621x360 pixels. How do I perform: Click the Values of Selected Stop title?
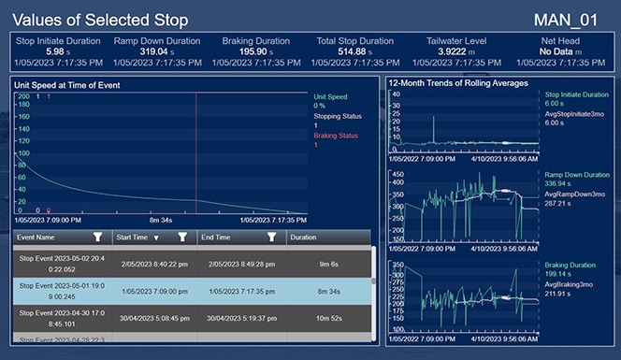pos(100,20)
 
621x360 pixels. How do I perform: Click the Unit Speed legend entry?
pos(330,96)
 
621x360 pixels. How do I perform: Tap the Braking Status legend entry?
pos(333,137)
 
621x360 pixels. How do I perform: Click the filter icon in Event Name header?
pos(98,238)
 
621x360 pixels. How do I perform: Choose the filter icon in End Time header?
pos(272,238)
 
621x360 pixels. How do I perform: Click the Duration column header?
pos(303,238)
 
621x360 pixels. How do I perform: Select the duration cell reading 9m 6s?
pos(328,264)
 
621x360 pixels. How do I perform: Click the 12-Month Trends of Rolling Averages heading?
pos(458,83)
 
